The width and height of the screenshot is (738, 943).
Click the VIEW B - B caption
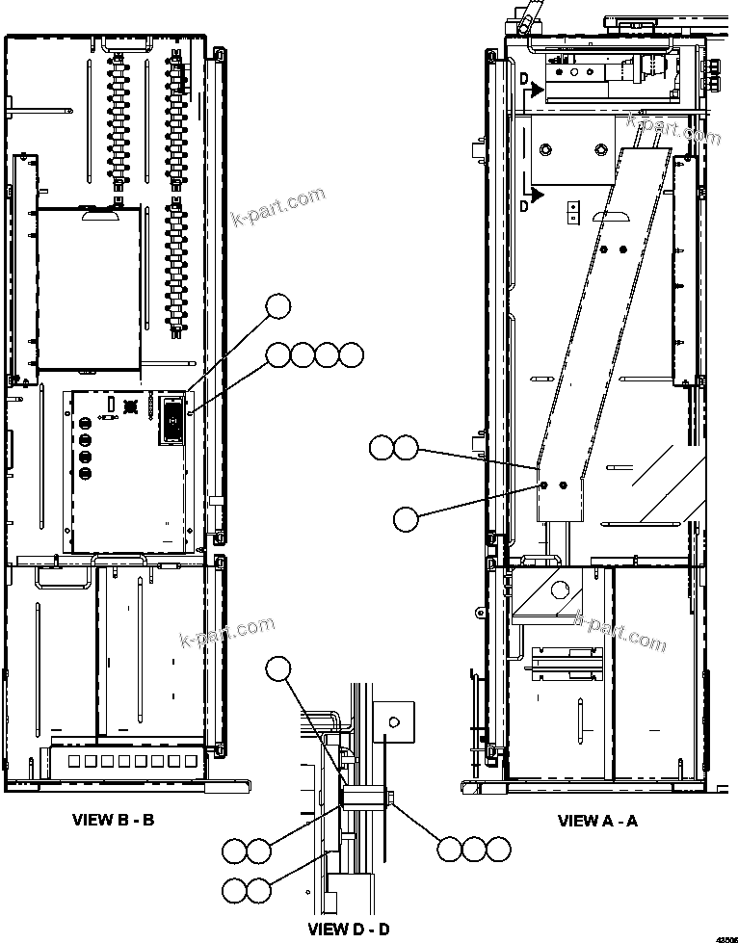coord(114,821)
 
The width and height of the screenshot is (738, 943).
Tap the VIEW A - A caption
coord(597,822)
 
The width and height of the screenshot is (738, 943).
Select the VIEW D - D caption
coord(349,930)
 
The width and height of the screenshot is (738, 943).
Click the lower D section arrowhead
coord(539,196)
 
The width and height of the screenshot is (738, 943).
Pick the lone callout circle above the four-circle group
coord(278,305)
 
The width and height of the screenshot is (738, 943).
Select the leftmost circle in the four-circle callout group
coord(278,355)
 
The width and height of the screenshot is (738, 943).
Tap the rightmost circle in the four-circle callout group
coord(352,355)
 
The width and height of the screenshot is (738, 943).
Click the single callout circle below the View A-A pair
coord(406,518)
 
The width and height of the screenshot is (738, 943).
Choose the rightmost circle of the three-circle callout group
coord(497,849)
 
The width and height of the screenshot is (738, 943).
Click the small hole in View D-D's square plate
coord(392,720)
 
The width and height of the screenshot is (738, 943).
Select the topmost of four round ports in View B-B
coord(86,423)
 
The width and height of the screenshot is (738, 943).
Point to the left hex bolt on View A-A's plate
coord(544,485)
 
